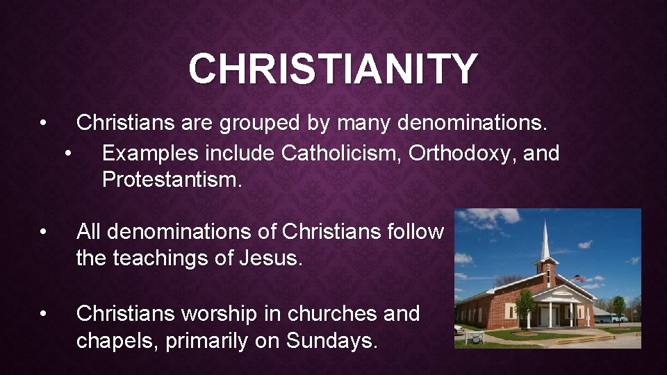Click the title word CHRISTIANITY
point(333,69)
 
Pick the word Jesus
point(270,258)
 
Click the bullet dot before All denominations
point(43,231)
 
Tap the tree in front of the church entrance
point(525,303)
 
